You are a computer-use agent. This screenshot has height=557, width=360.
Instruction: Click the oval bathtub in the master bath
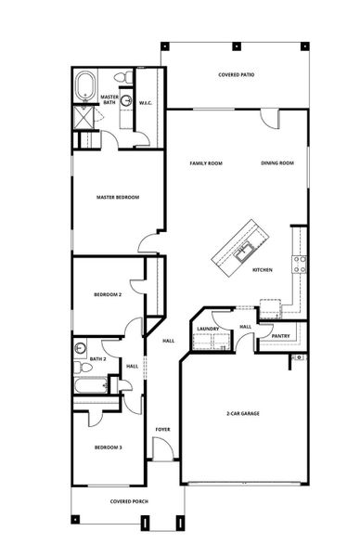tap(85, 85)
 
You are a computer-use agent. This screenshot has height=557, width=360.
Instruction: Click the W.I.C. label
tap(146, 102)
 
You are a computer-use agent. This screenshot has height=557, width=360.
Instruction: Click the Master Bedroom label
tap(118, 197)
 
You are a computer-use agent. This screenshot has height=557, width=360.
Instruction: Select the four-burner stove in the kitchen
tap(300, 263)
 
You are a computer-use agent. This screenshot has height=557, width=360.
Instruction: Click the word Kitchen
tap(263, 270)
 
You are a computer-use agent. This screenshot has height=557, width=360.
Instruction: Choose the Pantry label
tap(279, 336)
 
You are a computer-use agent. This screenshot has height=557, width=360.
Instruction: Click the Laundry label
tap(208, 328)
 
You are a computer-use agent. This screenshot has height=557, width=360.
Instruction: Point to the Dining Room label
tap(277, 163)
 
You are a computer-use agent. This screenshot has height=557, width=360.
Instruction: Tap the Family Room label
tap(206, 163)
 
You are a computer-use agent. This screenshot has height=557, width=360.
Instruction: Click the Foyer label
tap(162, 430)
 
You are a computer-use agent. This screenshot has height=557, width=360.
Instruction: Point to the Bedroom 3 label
tap(108, 447)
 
